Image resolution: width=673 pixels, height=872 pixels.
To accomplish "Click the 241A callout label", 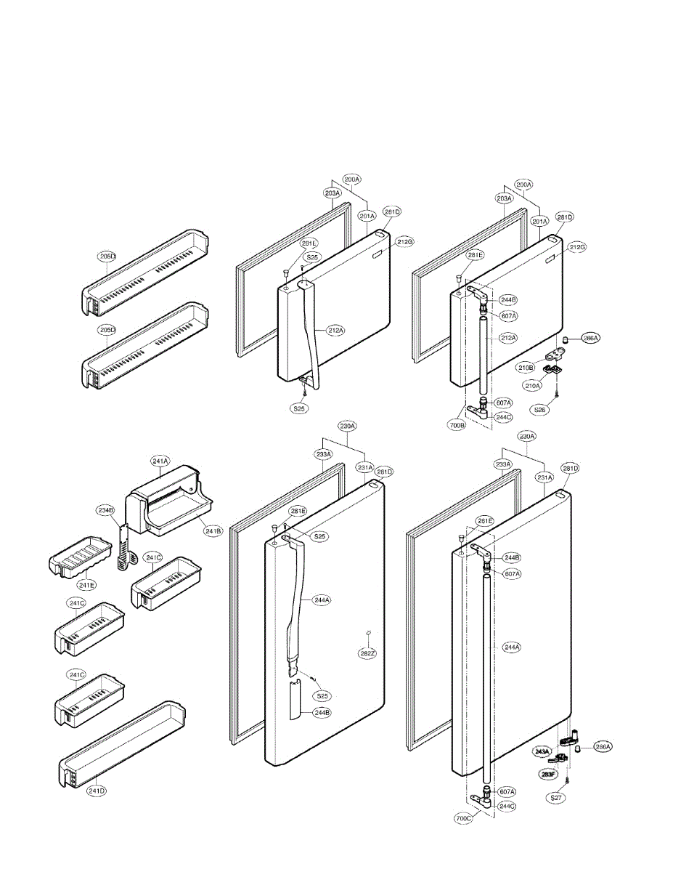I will tap(160, 460).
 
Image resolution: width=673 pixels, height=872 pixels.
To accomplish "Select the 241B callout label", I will tap(213, 531).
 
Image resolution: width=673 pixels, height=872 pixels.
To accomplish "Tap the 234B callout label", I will tap(107, 510).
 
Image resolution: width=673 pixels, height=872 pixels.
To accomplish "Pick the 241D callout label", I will tap(97, 791).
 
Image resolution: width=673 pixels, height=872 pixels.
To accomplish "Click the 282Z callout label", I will tap(368, 653).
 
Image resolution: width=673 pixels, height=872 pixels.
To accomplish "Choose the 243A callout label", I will tap(542, 751).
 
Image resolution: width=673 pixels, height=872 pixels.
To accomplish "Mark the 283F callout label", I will tap(548, 775).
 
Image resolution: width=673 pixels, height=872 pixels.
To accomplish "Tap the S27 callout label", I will tap(556, 797).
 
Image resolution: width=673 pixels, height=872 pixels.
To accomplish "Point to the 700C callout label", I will tap(464, 818).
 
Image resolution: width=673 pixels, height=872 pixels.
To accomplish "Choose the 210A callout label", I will tap(534, 386).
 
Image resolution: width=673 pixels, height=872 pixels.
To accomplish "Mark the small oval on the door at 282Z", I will tap(369, 634).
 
